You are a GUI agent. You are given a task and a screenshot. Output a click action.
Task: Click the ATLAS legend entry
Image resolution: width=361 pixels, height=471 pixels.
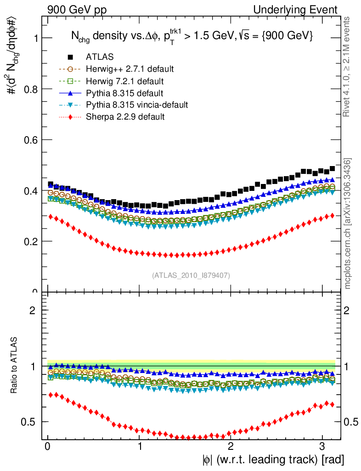(x=99, y=57)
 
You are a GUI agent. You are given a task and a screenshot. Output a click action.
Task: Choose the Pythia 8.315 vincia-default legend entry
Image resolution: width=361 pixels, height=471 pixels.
(x=137, y=105)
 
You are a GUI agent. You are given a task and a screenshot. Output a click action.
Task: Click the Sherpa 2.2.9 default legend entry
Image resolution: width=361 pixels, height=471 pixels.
(x=125, y=117)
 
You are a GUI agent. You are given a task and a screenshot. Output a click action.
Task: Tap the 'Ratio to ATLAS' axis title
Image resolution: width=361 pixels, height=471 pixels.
(x=15, y=366)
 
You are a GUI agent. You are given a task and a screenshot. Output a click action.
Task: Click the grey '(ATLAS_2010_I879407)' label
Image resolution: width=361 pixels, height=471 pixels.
(x=191, y=275)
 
